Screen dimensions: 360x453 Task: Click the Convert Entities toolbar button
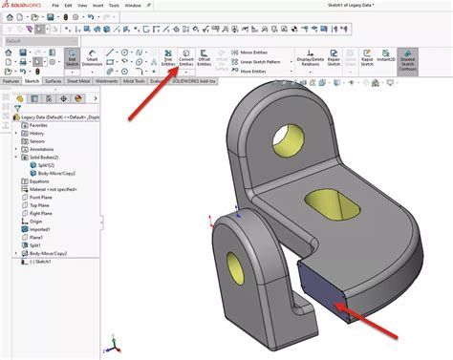(186, 60)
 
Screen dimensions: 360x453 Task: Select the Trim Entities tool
(167, 60)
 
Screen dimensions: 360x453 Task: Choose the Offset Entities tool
(205, 60)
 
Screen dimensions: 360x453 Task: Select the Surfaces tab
(53, 82)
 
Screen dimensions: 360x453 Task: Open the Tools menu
(114, 6)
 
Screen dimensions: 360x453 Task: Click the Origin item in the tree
(36, 221)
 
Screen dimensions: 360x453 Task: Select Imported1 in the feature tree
(39, 229)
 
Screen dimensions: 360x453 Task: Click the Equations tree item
(39, 180)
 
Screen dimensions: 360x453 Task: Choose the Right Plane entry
(41, 212)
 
